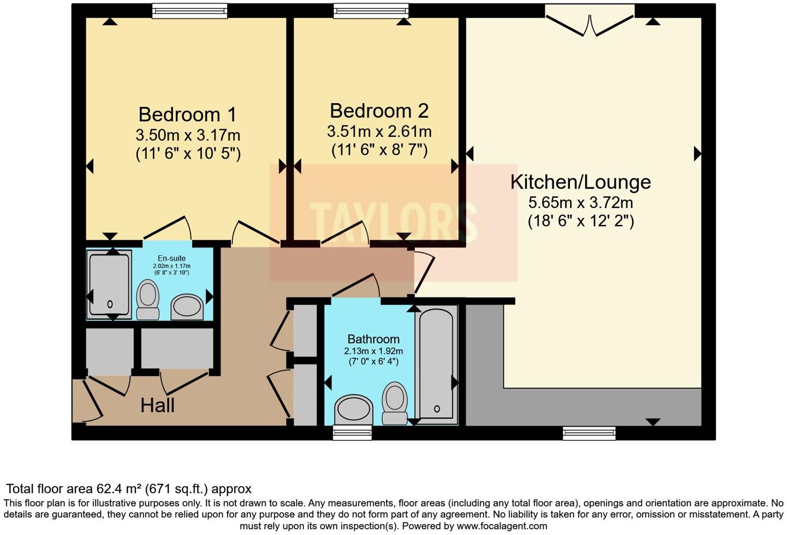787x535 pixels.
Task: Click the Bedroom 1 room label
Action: (x=187, y=114)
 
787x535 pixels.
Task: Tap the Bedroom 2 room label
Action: (x=379, y=110)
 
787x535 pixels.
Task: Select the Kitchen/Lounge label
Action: (x=580, y=182)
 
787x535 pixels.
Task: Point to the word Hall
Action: (x=157, y=405)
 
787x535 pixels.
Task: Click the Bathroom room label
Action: (x=373, y=339)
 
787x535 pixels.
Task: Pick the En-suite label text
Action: (x=171, y=258)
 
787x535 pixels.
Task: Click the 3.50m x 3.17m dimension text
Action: (x=188, y=135)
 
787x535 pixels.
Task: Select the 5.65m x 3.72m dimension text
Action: (x=580, y=203)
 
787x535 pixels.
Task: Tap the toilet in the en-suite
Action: (x=148, y=300)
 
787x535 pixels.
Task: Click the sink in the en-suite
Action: (x=186, y=306)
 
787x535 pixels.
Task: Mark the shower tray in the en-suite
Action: (x=109, y=284)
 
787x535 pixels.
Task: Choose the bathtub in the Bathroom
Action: (x=436, y=364)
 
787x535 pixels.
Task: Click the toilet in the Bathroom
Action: (x=395, y=403)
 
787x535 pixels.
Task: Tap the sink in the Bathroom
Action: (x=354, y=410)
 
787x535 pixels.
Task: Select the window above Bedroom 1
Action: (x=190, y=11)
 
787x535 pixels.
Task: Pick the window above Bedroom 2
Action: (x=371, y=11)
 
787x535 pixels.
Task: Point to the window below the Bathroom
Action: (x=352, y=432)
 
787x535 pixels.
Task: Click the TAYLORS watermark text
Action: (x=393, y=222)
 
